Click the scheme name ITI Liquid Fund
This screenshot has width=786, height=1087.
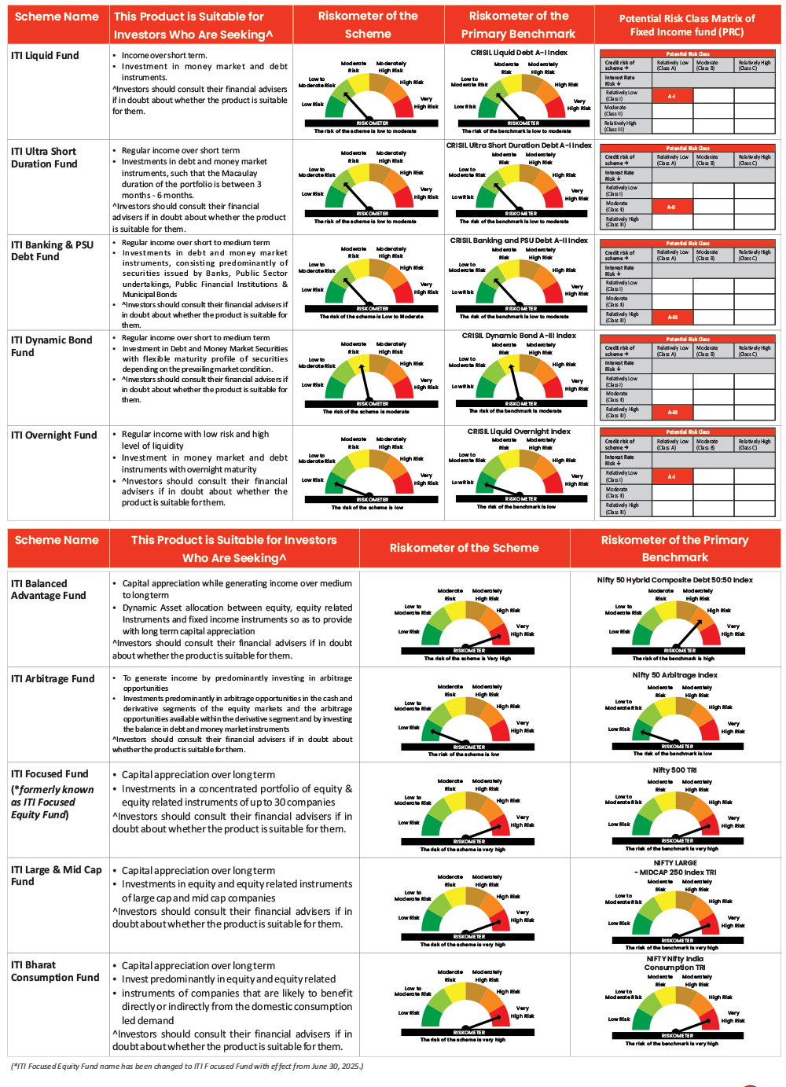[45, 56]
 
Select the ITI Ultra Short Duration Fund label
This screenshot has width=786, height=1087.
[44, 158]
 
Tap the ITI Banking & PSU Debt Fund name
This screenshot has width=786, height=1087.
[52, 251]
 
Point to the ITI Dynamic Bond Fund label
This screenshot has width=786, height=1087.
[51, 347]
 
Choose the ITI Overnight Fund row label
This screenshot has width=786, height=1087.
[53, 435]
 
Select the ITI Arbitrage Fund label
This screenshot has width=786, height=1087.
[53, 679]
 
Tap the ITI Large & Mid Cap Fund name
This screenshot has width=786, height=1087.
[56, 876]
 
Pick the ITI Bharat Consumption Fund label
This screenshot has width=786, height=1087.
[55, 971]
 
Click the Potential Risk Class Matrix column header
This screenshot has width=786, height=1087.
[687, 25]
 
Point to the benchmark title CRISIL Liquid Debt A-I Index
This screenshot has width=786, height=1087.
[519, 53]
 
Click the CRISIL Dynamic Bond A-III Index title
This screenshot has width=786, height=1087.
[519, 336]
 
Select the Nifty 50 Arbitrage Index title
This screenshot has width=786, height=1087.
[675, 675]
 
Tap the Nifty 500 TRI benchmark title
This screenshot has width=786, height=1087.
[675, 770]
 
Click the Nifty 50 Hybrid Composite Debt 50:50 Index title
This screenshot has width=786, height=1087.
[675, 580]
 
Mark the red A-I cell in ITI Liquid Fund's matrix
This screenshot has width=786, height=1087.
[671, 97]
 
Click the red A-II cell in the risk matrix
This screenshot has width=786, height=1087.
[671, 207]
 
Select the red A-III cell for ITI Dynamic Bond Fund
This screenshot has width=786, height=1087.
[672, 413]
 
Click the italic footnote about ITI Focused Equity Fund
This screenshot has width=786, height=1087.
[187, 1067]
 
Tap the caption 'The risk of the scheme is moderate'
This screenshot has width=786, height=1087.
[366, 411]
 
